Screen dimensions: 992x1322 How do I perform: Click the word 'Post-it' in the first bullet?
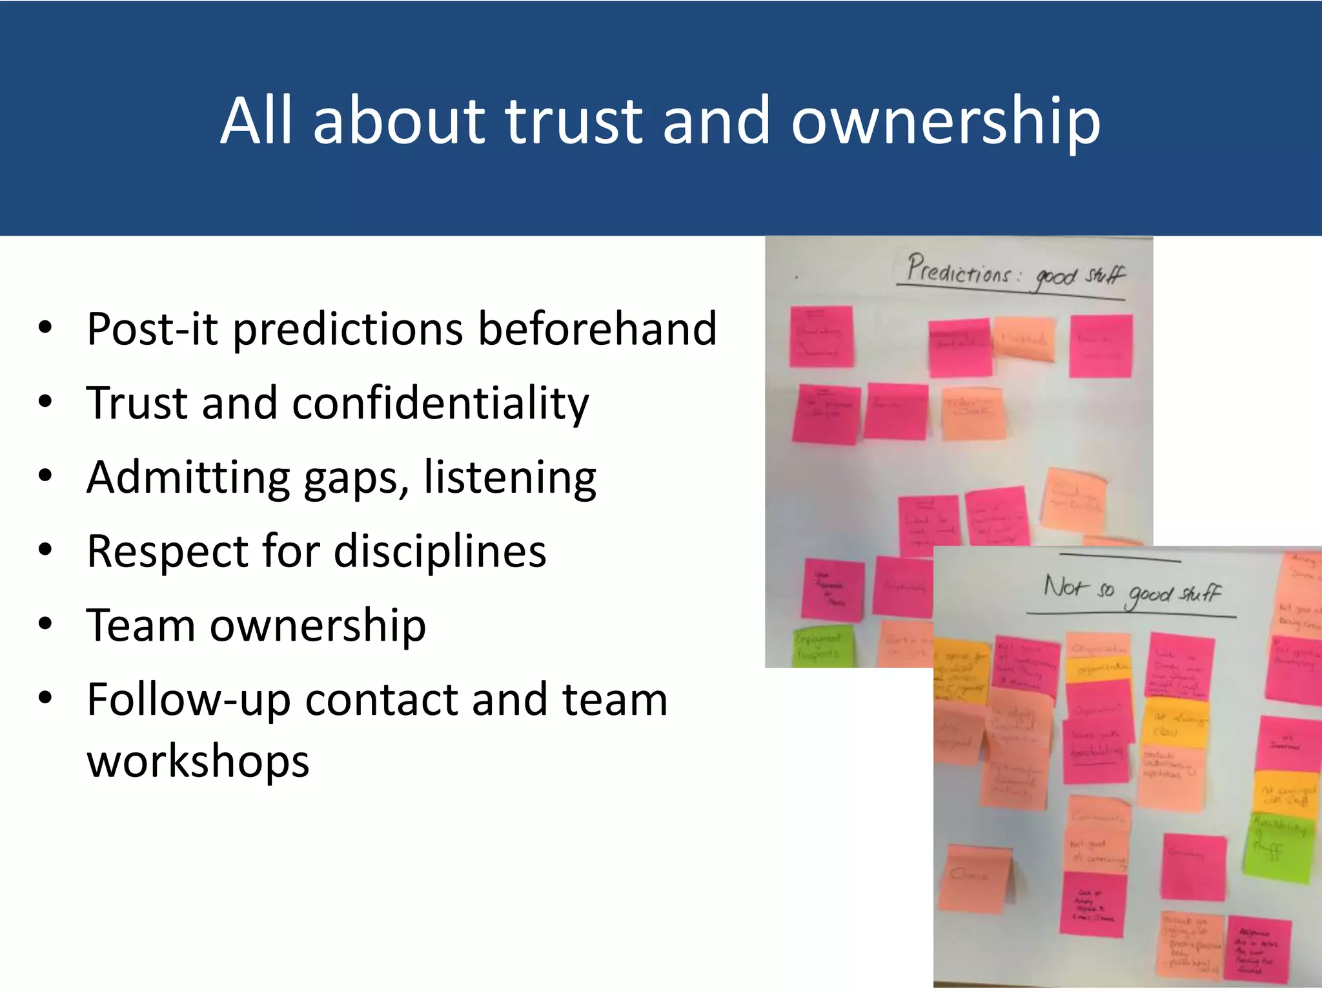(152, 329)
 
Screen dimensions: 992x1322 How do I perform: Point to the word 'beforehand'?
(597, 329)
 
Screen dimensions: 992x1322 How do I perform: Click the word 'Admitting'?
(188, 479)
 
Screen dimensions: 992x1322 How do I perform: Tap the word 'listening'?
(510, 479)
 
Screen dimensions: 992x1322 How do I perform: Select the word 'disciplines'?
(440, 552)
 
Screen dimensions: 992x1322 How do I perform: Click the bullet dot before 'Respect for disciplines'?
(45, 551)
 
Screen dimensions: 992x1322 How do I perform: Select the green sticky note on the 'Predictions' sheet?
(823, 646)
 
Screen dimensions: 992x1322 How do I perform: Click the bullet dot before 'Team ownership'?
(45, 625)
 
